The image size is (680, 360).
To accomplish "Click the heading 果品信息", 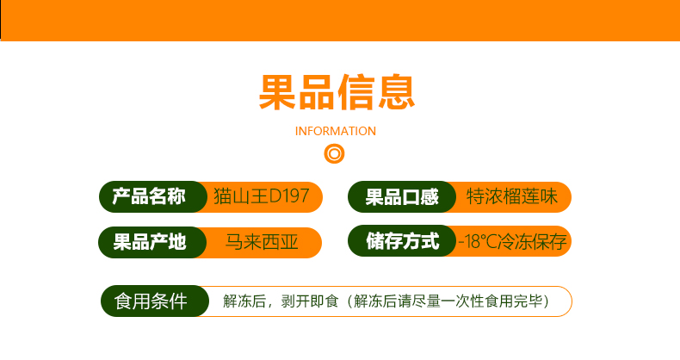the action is pos(337,92).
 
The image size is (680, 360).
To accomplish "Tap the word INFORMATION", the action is pos(335,131).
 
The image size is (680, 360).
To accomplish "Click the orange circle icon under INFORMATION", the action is pos(334,154).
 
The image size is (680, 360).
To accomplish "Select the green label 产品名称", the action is pos(149,196).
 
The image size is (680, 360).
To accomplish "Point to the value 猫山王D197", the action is pos(261,196).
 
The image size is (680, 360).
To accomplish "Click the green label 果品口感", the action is pos(402,197).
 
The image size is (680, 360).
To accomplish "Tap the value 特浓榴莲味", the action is pos(512,196).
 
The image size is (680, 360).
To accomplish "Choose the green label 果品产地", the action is pos(150,242).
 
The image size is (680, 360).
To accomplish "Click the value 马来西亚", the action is pos(262,242).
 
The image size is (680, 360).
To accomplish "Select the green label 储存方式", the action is pos(403,241).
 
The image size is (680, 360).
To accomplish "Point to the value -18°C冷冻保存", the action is pos(513,242).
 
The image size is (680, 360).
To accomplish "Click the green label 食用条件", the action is pos(151,301).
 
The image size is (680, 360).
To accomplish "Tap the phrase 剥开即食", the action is pos(310,301).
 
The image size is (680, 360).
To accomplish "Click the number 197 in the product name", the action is pos(296,196).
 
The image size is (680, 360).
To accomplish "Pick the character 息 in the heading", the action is pos(397,92).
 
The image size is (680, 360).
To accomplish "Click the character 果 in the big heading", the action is pos(277,92).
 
